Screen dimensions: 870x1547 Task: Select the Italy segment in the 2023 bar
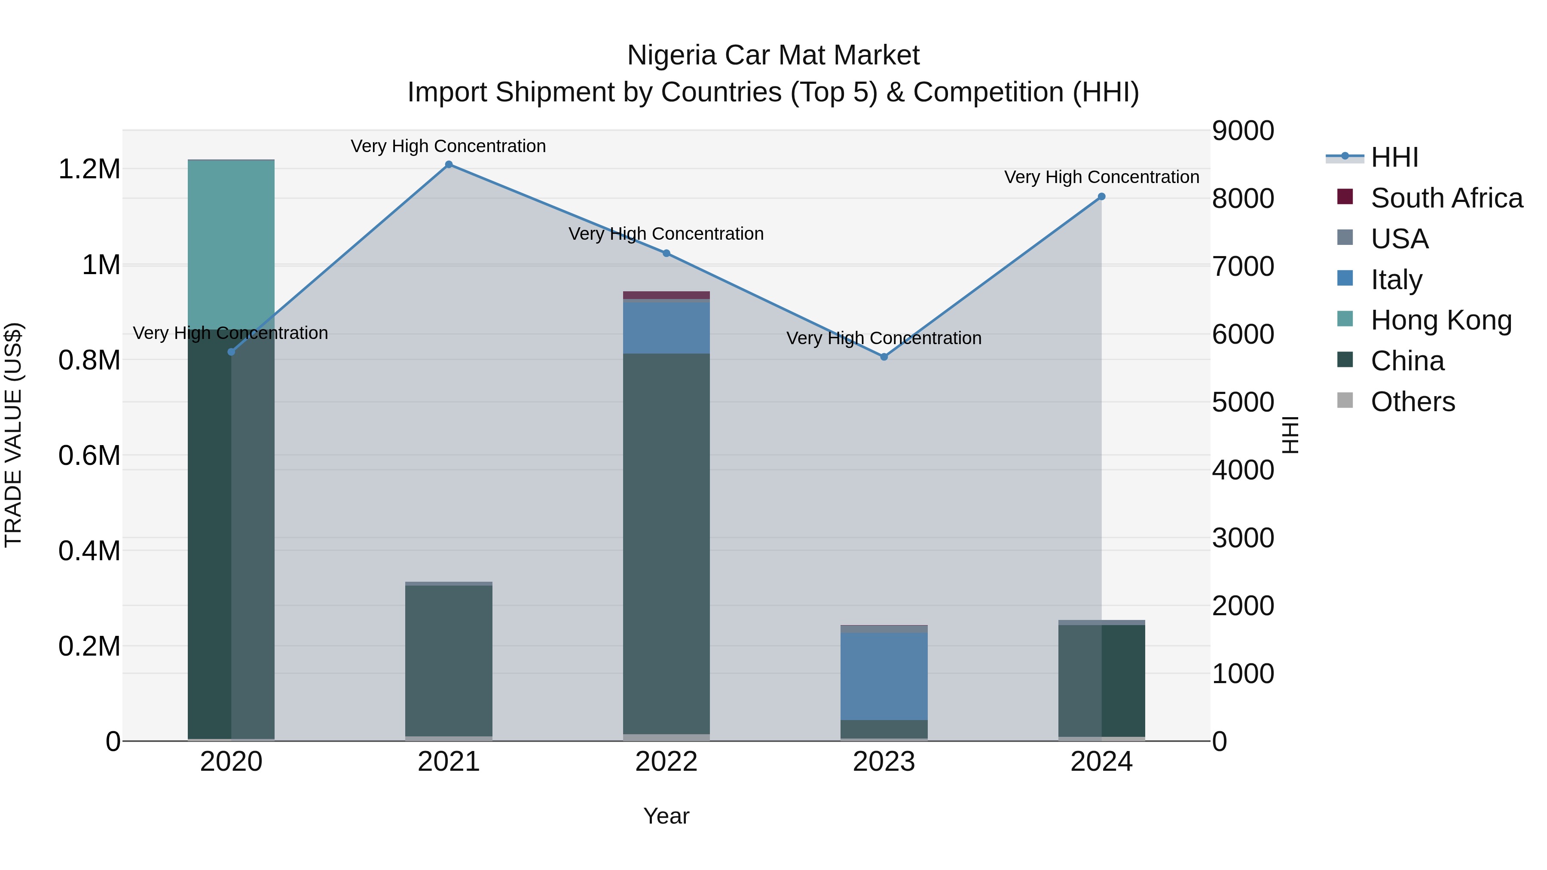click(x=884, y=675)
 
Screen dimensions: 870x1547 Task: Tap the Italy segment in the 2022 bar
click(x=666, y=327)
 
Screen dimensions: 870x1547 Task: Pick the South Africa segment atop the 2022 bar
click(x=666, y=295)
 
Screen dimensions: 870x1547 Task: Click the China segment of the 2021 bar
click(x=449, y=660)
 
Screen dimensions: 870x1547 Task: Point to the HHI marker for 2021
click(x=449, y=165)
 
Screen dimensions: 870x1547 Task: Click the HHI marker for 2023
click(x=884, y=357)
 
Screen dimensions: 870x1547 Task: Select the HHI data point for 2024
click(x=1101, y=196)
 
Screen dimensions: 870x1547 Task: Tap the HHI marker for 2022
click(x=666, y=253)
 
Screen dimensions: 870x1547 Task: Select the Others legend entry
click(x=1412, y=402)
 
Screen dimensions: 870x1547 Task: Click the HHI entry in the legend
click(x=1394, y=157)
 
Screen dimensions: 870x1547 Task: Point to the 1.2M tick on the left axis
click(x=89, y=169)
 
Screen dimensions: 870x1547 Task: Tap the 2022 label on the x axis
click(x=666, y=762)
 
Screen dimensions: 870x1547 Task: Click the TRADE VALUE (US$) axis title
click(x=13, y=435)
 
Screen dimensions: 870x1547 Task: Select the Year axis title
click(x=666, y=816)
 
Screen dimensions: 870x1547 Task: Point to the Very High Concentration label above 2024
click(x=1101, y=177)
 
